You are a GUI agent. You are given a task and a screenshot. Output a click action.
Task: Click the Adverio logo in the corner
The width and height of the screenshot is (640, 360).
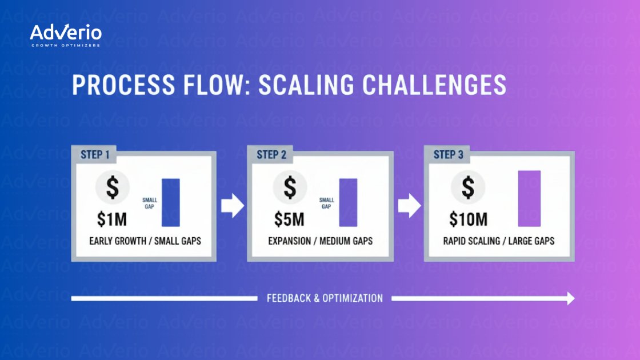point(66,35)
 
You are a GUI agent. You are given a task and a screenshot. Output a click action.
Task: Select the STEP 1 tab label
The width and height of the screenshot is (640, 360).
point(95,155)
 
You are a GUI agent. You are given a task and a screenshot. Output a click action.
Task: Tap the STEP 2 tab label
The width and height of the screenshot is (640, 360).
point(271,155)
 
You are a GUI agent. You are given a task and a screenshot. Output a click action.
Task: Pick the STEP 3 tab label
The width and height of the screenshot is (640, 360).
point(449,155)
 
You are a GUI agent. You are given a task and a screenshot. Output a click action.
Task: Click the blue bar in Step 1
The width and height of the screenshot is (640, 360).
point(171,202)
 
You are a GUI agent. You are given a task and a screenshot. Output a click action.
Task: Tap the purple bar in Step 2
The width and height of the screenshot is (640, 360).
point(348,202)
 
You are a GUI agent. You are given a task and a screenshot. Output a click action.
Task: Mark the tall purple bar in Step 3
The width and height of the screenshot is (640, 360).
point(529,198)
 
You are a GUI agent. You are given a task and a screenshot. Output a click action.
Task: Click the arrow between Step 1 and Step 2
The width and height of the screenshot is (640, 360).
point(232,206)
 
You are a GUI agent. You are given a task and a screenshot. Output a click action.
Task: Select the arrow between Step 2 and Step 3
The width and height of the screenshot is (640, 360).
point(409,206)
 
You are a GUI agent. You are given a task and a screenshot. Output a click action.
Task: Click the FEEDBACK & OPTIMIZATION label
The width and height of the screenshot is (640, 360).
point(325,298)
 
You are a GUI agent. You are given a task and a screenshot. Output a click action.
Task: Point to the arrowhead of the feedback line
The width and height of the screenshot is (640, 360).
point(570,298)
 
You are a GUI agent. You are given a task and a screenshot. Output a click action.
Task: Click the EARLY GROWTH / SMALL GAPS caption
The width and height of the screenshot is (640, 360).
point(145,241)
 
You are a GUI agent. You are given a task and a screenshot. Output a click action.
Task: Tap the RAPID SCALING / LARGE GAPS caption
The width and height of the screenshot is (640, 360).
point(498,241)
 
